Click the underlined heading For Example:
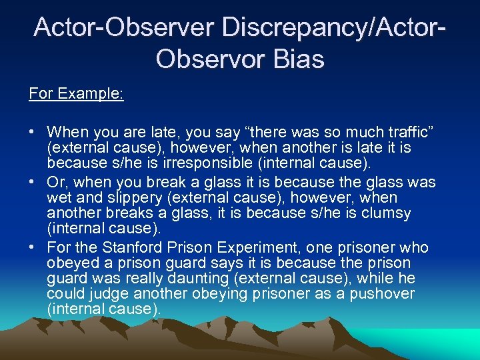pos(76,93)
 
